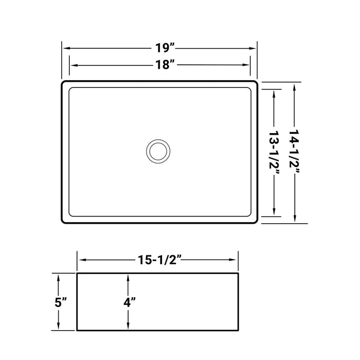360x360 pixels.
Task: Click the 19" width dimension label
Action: [164, 48]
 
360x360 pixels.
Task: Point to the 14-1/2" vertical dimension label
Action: [294, 153]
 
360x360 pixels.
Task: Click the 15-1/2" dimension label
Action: [158, 260]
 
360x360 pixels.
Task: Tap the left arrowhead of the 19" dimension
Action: [66, 48]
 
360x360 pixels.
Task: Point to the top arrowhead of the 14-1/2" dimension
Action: [294, 85]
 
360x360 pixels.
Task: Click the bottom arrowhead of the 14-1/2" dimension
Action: [294, 221]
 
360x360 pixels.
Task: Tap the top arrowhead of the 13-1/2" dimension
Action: [275, 92]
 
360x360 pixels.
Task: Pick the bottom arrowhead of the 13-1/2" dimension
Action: [275, 213]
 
